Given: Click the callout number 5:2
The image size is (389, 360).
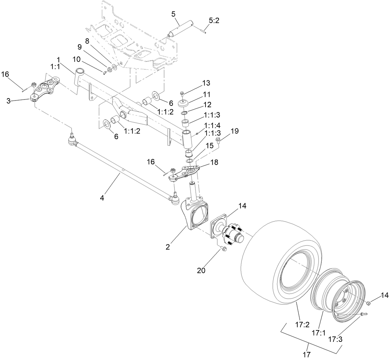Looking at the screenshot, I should click(x=214, y=21).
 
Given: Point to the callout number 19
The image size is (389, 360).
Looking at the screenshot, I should click(x=235, y=131).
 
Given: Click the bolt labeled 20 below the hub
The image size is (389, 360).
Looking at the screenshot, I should click(x=223, y=249).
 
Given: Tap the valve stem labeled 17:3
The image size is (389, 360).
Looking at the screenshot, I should click(x=363, y=314).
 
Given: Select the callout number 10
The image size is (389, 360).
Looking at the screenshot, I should click(x=76, y=59).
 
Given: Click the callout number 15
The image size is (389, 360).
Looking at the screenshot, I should click(x=210, y=146).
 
